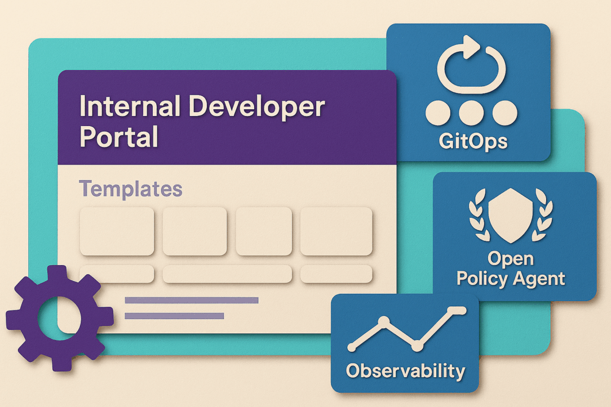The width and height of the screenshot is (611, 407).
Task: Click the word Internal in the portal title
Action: click(x=130, y=106)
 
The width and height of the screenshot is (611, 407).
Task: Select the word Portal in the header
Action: click(x=119, y=137)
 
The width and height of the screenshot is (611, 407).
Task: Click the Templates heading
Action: click(x=131, y=189)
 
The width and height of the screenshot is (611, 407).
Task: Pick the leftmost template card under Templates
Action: click(x=117, y=231)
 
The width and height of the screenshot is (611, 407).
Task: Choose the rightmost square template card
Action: click(x=337, y=231)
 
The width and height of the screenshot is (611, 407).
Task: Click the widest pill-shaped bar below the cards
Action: click(x=227, y=274)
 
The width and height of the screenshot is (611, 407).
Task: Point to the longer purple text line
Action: click(x=191, y=300)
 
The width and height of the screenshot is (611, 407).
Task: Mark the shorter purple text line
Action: click(x=174, y=316)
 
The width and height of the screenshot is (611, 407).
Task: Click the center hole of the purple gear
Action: click(x=60, y=318)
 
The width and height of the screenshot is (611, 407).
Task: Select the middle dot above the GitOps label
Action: click(x=472, y=113)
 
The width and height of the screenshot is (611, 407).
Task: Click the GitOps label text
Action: click(x=473, y=141)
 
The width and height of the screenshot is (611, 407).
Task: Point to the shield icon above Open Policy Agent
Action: click(x=511, y=215)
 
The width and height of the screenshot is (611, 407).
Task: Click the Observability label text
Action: click(x=406, y=371)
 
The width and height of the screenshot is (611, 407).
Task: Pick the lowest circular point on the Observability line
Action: click(x=417, y=345)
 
